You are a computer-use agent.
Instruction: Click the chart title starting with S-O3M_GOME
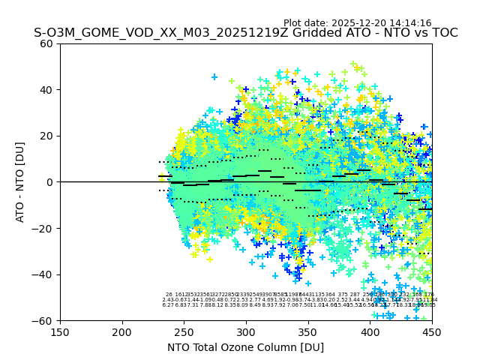245,34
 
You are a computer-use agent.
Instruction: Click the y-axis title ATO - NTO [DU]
20,182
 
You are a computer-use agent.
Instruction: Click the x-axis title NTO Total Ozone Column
245,347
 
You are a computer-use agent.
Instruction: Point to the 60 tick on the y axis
46,43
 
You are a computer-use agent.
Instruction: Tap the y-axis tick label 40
46,90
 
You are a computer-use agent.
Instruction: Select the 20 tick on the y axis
46,136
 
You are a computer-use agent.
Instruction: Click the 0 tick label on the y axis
49,182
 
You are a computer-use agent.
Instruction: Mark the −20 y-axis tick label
43,228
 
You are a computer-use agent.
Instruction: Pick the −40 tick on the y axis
43,274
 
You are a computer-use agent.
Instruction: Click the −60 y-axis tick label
43,320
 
